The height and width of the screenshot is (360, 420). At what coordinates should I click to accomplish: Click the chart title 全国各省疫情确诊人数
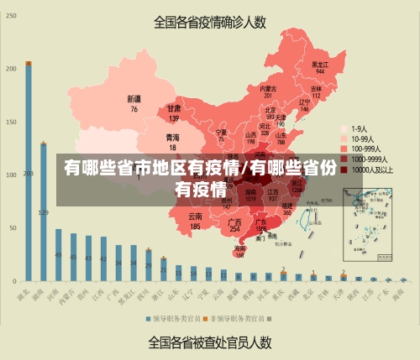click(210, 23)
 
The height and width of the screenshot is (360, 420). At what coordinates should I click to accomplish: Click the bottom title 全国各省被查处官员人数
click(210, 342)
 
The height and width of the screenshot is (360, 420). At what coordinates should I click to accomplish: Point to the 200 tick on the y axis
click(11, 69)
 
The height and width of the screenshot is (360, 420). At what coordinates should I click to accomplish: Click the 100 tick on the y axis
click(11, 175)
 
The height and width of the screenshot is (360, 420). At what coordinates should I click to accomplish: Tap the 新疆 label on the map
click(134, 98)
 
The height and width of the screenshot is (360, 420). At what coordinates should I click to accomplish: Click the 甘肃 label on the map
click(174, 109)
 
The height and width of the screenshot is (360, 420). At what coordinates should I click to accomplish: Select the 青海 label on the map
click(172, 137)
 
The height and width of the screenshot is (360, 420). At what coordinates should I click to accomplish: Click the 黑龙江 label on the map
click(319, 64)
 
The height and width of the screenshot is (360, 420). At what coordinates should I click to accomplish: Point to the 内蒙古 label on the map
click(267, 88)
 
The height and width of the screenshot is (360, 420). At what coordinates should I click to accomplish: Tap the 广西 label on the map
click(235, 222)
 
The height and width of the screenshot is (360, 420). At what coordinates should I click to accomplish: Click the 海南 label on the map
click(240, 249)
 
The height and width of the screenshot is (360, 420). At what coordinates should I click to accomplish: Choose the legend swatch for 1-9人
click(344, 129)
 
